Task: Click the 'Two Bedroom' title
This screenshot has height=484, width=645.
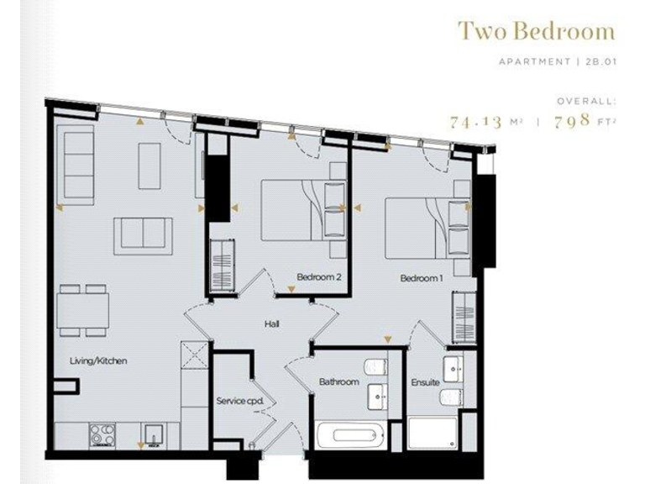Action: (x=536, y=32)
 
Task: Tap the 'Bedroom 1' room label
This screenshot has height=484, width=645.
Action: (x=421, y=277)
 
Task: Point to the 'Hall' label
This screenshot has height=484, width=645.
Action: (x=271, y=324)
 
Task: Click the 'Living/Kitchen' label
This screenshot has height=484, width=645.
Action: (x=98, y=360)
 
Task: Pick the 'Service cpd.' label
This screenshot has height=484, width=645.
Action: (x=240, y=401)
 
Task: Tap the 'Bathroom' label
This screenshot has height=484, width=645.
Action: (x=338, y=382)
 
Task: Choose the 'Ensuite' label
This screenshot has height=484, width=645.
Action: (x=425, y=382)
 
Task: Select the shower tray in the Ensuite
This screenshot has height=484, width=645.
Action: (x=432, y=434)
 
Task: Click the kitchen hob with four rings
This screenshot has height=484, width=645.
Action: (x=103, y=435)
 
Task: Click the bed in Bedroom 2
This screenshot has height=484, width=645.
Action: (x=293, y=210)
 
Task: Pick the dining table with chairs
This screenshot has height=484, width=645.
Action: (x=83, y=308)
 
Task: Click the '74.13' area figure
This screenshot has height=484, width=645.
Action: (x=475, y=121)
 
